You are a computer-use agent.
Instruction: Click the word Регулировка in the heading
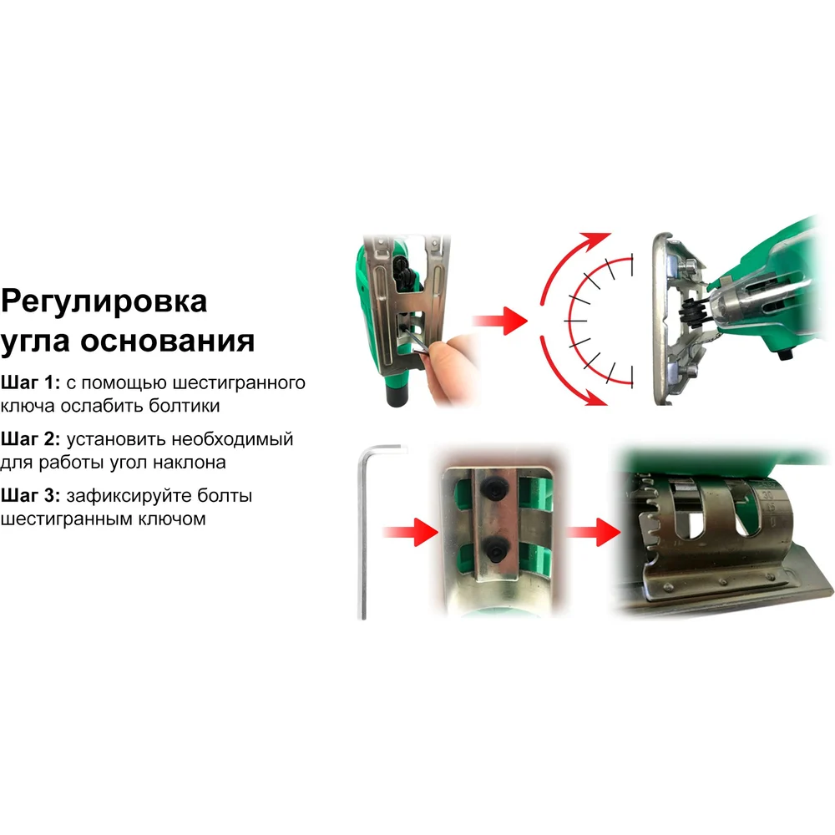pos(104,302)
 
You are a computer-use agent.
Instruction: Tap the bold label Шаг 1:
pos(30,382)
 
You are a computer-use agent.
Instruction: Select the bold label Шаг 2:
pos(30,439)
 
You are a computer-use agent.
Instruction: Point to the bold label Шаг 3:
pos(30,495)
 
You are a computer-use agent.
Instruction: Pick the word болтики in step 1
pos(185,406)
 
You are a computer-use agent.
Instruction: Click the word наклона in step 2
pos(189,463)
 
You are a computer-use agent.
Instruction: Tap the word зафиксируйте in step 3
pos(129,496)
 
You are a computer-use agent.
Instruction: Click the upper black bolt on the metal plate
pos(493,488)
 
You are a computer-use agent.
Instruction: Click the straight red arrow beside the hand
pos(499,321)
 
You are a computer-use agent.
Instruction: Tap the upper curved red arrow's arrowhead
pos(595,240)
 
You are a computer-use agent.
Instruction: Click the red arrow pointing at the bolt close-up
pos(411,531)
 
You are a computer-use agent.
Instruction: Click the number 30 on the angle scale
pos(767,494)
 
